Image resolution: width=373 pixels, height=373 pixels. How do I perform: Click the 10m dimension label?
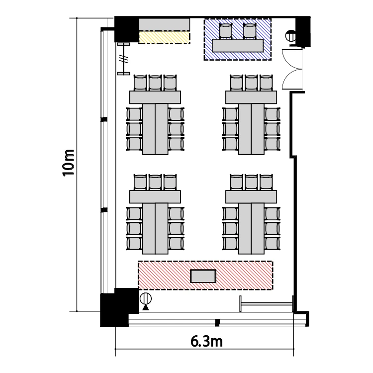(69, 163)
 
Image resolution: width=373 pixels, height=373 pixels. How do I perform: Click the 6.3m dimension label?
(206, 342)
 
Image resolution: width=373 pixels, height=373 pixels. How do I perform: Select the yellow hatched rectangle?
(165, 38)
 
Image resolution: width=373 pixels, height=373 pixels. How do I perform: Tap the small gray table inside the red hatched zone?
(203, 276)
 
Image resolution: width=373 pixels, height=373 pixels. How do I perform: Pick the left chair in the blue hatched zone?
(225, 31)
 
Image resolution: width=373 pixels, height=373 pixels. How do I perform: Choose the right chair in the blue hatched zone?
(250, 31)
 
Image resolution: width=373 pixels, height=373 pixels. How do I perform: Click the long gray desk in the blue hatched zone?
(238, 45)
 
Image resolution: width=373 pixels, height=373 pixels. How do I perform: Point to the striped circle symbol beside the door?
(290, 36)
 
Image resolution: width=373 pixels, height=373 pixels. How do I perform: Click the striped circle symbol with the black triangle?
(146, 301)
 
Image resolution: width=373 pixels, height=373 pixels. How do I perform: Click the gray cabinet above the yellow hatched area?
(165, 24)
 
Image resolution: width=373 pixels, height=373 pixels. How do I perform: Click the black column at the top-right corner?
(303, 31)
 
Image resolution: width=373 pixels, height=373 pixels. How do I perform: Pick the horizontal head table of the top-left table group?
(155, 97)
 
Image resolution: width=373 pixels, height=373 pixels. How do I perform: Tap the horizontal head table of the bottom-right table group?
(251, 197)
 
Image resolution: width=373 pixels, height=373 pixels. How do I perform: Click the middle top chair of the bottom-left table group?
(155, 182)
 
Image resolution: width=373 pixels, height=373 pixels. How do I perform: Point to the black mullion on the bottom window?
(217, 323)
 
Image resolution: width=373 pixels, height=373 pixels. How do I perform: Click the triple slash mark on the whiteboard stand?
(124, 59)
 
